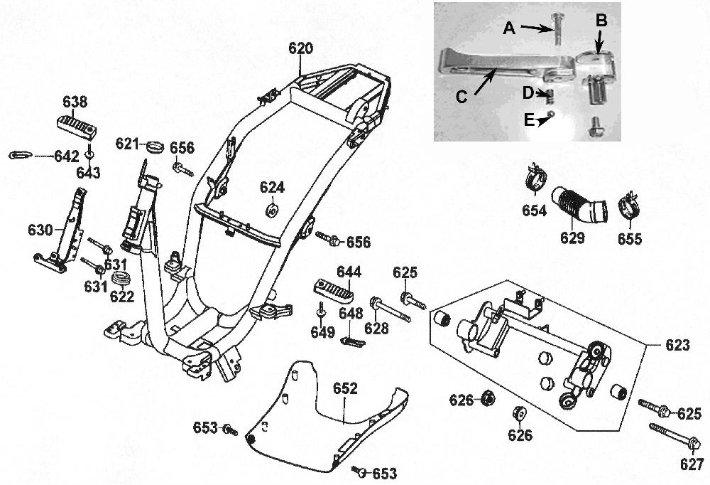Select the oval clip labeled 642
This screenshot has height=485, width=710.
click(x=20, y=155)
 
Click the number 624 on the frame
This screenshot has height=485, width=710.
click(x=272, y=188)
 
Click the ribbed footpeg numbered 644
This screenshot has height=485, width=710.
click(x=333, y=290)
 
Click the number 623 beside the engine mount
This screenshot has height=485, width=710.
click(x=677, y=346)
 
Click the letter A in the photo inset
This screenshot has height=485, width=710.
click(x=508, y=28)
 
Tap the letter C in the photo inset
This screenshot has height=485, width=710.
click(x=461, y=97)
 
